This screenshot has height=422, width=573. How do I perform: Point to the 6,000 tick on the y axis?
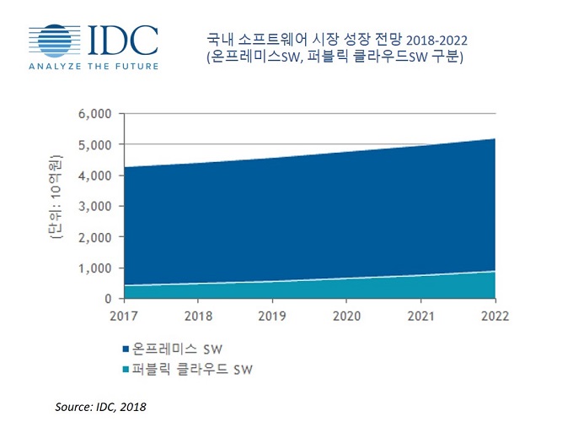97,114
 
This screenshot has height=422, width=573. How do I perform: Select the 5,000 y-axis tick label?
97,145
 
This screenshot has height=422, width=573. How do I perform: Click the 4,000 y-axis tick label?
97,176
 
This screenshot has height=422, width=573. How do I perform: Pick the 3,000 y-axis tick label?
97,207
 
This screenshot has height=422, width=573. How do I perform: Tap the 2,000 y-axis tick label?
97,237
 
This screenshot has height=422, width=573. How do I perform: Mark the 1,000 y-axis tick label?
97,268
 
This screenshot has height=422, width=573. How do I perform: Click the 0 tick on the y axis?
109,299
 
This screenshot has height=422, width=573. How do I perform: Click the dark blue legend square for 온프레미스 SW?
126,349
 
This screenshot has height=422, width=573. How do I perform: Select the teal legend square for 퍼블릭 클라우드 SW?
126,369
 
